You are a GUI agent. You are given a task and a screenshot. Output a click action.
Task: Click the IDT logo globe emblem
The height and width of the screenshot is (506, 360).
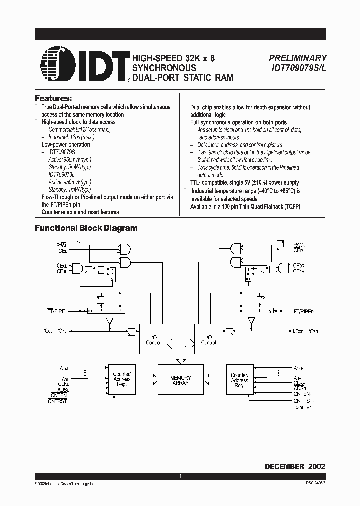(x=56, y=64)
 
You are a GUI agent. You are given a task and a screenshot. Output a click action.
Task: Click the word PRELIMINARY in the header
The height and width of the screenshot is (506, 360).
(x=298, y=58)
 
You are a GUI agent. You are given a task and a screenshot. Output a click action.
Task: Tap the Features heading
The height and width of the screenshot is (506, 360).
(x=53, y=98)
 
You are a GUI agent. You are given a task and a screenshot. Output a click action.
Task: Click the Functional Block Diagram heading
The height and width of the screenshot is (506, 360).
(x=86, y=228)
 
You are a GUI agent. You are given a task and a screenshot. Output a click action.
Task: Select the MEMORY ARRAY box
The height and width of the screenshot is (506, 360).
(x=180, y=380)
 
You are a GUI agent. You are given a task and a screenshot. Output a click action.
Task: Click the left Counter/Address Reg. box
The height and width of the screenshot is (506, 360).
(x=122, y=380)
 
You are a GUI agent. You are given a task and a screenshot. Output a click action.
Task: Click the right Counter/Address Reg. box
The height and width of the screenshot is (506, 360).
(x=239, y=380)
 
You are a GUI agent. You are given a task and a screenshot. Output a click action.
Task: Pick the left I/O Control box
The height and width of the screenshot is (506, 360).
(x=153, y=340)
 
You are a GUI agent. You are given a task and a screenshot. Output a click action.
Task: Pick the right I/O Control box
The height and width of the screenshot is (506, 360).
(x=208, y=340)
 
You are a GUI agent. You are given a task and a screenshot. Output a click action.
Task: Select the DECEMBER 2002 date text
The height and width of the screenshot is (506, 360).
(x=295, y=466)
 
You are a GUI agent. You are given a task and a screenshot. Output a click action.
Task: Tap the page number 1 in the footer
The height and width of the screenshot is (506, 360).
(x=180, y=477)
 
